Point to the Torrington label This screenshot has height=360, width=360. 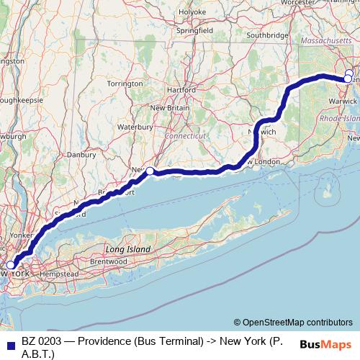click(x=124, y=84)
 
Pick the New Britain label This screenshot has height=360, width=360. click(x=169, y=107)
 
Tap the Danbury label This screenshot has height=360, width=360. click(x=81, y=154)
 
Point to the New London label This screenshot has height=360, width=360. click(x=265, y=162)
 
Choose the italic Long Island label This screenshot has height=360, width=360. click(x=130, y=248)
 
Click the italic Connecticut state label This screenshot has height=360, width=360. click(x=185, y=135)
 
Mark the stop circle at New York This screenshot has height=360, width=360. click(x=10, y=265)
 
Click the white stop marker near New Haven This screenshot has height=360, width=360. click(x=150, y=171)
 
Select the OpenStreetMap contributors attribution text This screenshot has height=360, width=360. click(x=292, y=323)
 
